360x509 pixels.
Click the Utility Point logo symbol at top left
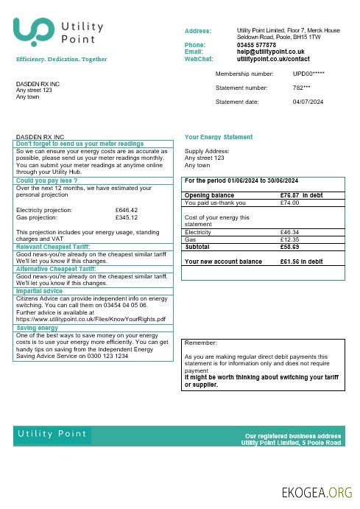[x=33, y=32]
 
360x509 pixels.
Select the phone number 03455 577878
[x=256, y=45]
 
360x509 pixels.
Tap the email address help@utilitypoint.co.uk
[x=271, y=52]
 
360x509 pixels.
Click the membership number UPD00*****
[x=308, y=74]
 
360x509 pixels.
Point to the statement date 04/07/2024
[x=308, y=101]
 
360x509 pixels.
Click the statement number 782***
[x=302, y=88]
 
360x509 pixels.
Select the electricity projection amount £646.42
[x=127, y=210]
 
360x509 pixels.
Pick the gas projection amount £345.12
[x=127, y=217]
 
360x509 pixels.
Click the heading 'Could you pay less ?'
[x=47, y=180]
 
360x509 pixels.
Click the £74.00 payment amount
[x=290, y=203]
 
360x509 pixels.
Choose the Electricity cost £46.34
[x=290, y=233]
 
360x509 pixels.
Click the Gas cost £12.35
[x=290, y=239]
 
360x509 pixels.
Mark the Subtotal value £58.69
[x=290, y=247]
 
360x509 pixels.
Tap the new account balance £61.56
[x=292, y=261]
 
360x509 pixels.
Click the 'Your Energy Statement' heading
[x=219, y=137]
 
